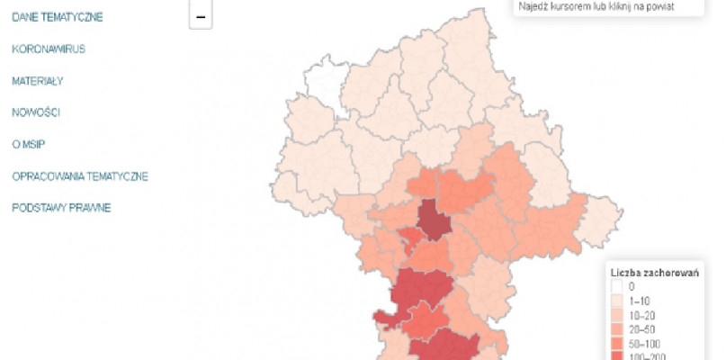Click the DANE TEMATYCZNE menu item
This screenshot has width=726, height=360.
click(57, 17)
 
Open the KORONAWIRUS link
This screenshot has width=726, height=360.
click(49, 49)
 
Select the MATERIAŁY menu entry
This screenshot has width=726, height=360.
click(37, 81)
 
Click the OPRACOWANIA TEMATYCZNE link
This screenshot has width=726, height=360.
click(79, 176)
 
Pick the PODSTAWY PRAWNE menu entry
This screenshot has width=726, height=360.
click(61, 208)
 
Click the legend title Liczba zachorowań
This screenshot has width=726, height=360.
click(654, 272)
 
